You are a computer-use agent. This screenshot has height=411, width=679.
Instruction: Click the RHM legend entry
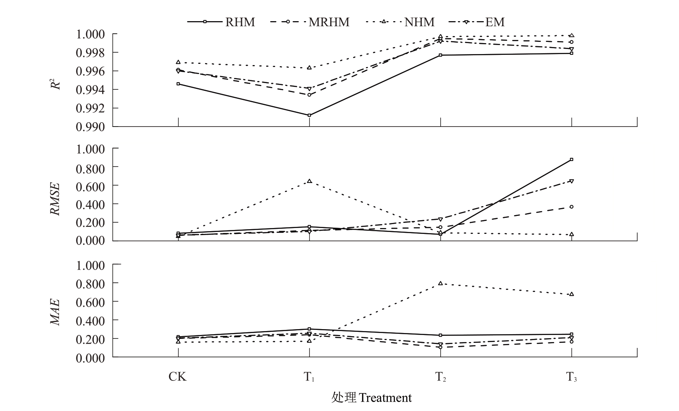click(221, 22)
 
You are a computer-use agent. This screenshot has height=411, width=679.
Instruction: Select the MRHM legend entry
click(310, 22)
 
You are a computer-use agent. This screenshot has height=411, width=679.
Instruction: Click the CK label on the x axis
click(178, 377)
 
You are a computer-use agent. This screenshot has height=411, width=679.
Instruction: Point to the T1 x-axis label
click(309, 377)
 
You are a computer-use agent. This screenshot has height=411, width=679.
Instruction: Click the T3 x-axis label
click(571, 377)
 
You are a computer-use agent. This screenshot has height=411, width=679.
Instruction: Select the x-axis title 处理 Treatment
click(371, 398)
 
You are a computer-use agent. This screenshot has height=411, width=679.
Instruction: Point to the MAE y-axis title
click(55, 311)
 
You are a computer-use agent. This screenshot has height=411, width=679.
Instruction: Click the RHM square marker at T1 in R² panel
click(309, 115)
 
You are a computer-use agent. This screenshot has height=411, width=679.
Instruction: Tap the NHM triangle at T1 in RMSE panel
click(309, 181)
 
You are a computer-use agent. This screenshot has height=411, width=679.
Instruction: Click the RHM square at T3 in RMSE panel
click(572, 159)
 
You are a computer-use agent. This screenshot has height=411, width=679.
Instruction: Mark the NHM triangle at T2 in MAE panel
click(440, 283)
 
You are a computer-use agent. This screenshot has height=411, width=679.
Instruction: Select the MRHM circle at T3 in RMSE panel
click(572, 206)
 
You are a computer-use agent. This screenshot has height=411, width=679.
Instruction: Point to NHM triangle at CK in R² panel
click(178, 62)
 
